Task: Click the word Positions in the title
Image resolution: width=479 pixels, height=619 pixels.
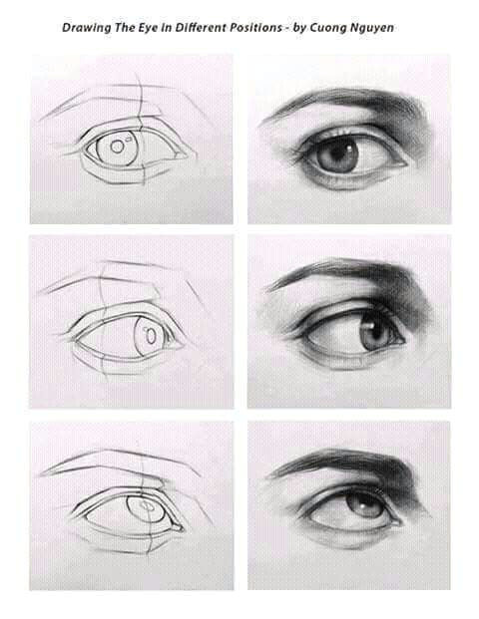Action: point(260,28)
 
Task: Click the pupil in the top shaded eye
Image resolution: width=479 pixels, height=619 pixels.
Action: point(340,154)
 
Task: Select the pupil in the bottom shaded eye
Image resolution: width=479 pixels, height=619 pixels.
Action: point(360,500)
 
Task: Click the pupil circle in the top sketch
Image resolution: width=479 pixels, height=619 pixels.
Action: point(118,147)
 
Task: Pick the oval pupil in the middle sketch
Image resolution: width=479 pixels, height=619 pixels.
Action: point(151,336)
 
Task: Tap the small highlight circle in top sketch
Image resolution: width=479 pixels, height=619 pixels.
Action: point(128,139)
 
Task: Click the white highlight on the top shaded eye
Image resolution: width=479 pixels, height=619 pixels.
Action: point(350,148)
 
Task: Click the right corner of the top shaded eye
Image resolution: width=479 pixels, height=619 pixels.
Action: point(408,163)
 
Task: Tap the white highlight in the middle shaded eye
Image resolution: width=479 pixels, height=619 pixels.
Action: point(372,325)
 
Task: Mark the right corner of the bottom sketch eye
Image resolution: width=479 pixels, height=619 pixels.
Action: point(183,528)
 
